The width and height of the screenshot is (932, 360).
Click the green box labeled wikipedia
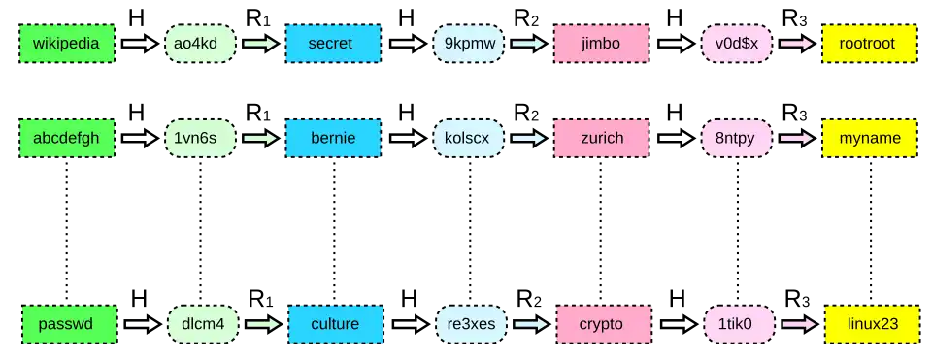point(67,44)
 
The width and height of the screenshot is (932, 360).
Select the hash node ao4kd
point(200,44)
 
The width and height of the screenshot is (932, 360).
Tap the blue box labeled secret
point(334,44)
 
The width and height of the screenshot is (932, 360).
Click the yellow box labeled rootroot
point(871,44)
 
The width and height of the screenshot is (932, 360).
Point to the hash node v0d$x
point(737,44)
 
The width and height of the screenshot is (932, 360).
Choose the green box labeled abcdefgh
point(67,139)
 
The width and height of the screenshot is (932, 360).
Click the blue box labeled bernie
point(334,139)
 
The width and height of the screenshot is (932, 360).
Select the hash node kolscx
point(468,139)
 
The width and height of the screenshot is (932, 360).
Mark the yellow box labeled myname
point(871,139)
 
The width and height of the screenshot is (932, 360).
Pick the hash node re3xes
point(471,324)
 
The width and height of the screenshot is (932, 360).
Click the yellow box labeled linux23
point(873,324)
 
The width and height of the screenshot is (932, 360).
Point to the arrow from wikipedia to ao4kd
point(140,44)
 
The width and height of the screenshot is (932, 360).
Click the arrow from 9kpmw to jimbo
point(529,44)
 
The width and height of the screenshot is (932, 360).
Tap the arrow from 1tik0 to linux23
point(800,324)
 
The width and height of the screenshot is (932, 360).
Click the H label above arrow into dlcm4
point(139,298)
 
